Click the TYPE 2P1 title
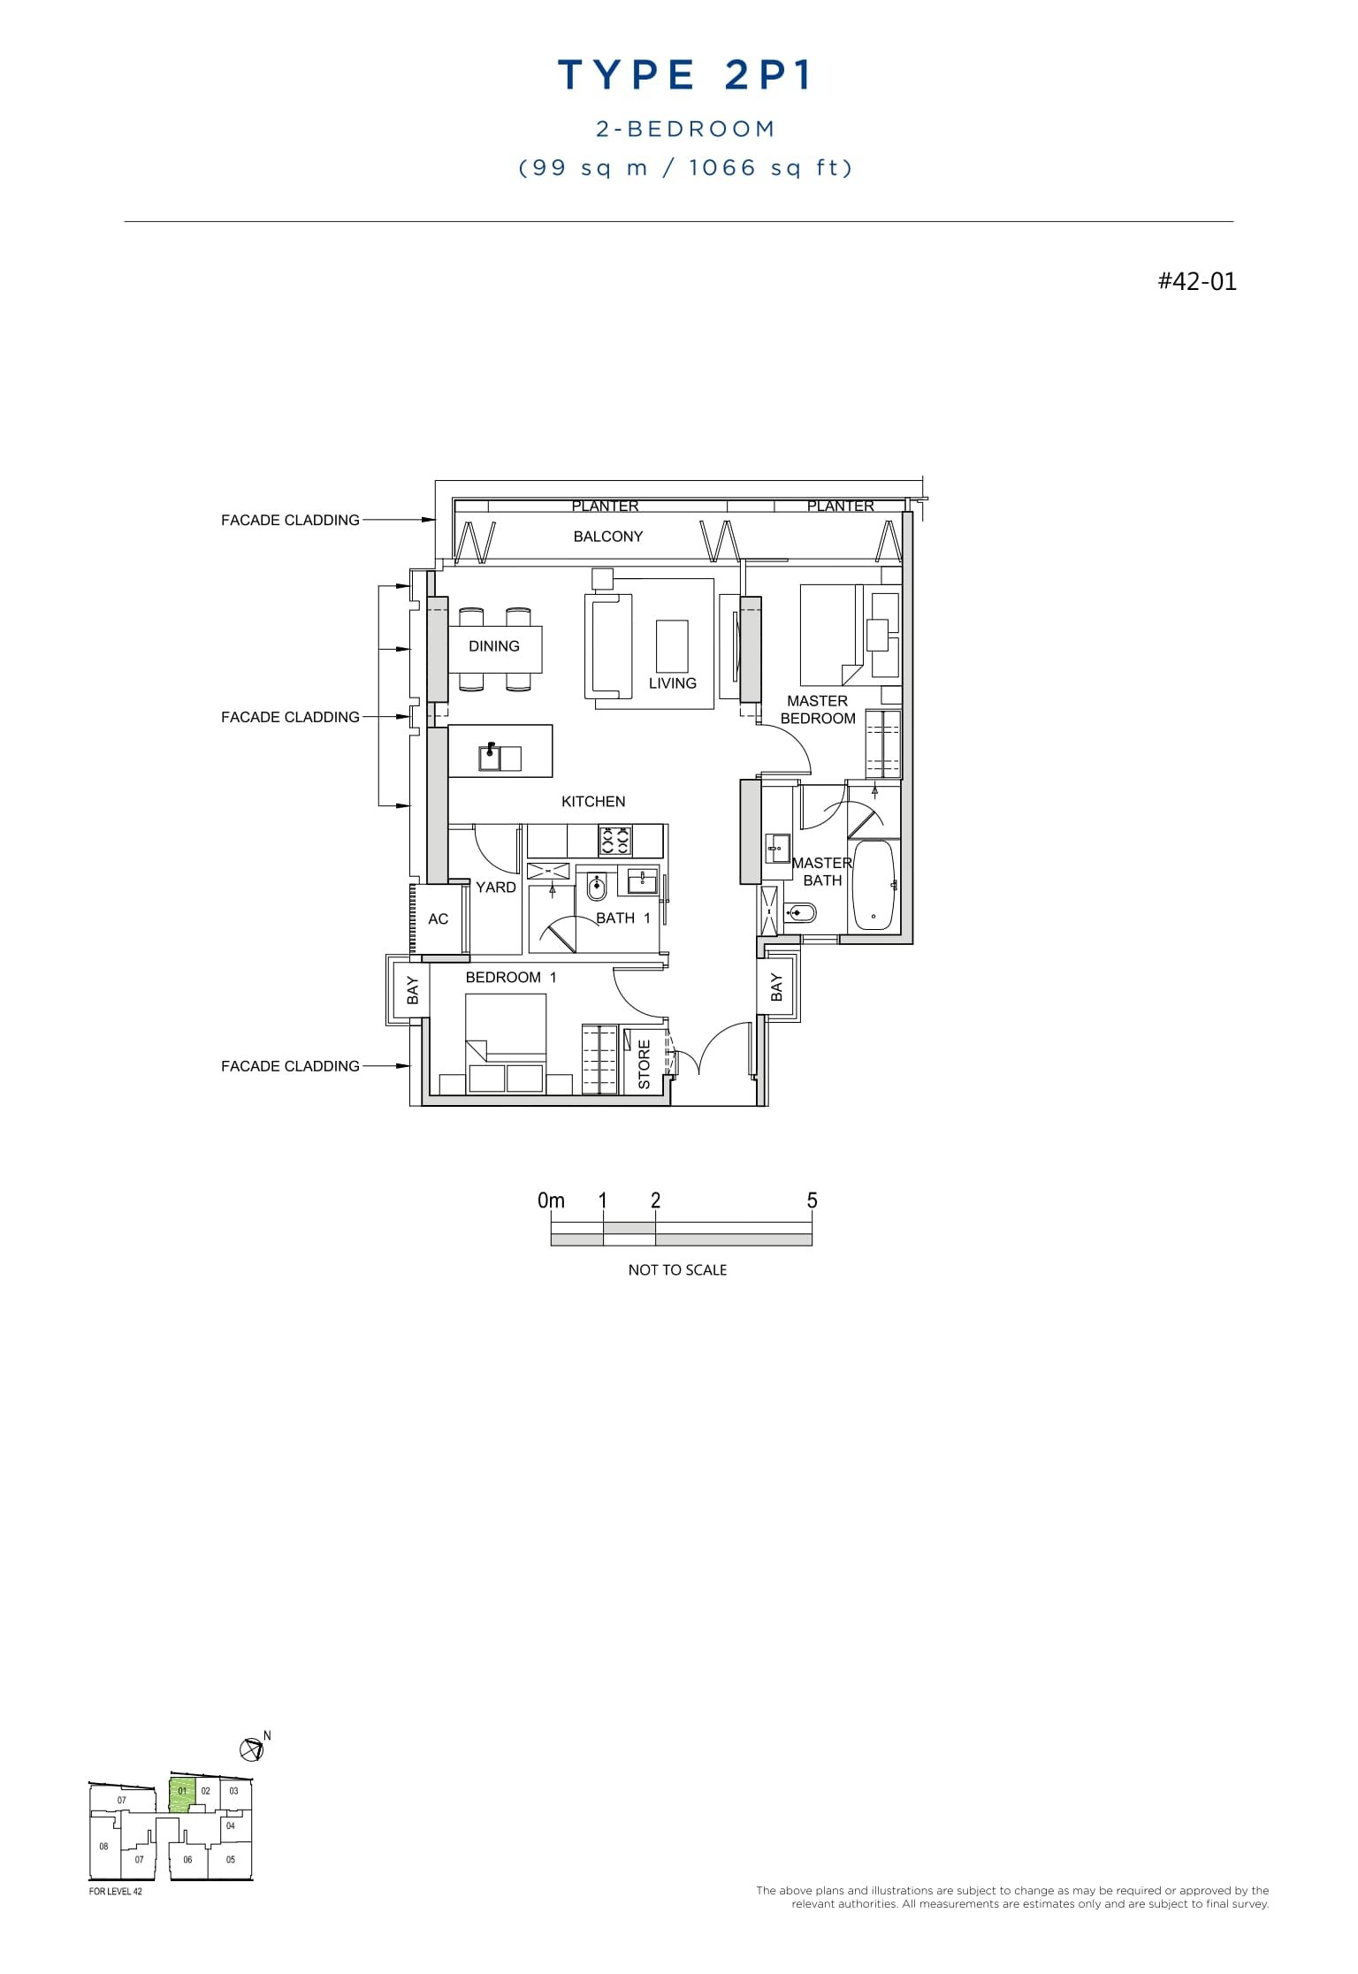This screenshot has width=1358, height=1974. pos(684,76)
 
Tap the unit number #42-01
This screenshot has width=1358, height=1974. pos(1197,281)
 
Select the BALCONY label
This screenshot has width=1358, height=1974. pos(607,537)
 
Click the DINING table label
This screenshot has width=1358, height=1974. pos(494,646)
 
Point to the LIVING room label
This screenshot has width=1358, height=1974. pos(672,683)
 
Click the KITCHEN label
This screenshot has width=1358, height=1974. pos(593,802)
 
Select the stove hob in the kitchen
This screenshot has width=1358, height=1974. pos(614,840)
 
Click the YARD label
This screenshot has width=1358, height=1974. pos(495,888)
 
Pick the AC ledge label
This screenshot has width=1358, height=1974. pos(438,919)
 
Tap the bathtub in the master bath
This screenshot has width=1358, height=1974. pos(873,885)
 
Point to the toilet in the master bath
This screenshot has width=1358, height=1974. pos(801,912)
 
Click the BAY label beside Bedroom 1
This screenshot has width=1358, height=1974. pos(412,991)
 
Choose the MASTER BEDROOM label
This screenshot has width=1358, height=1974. pos(818,710)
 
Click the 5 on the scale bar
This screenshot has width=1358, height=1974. pos(812,1200)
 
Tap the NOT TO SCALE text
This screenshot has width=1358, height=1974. pos(677,1270)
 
